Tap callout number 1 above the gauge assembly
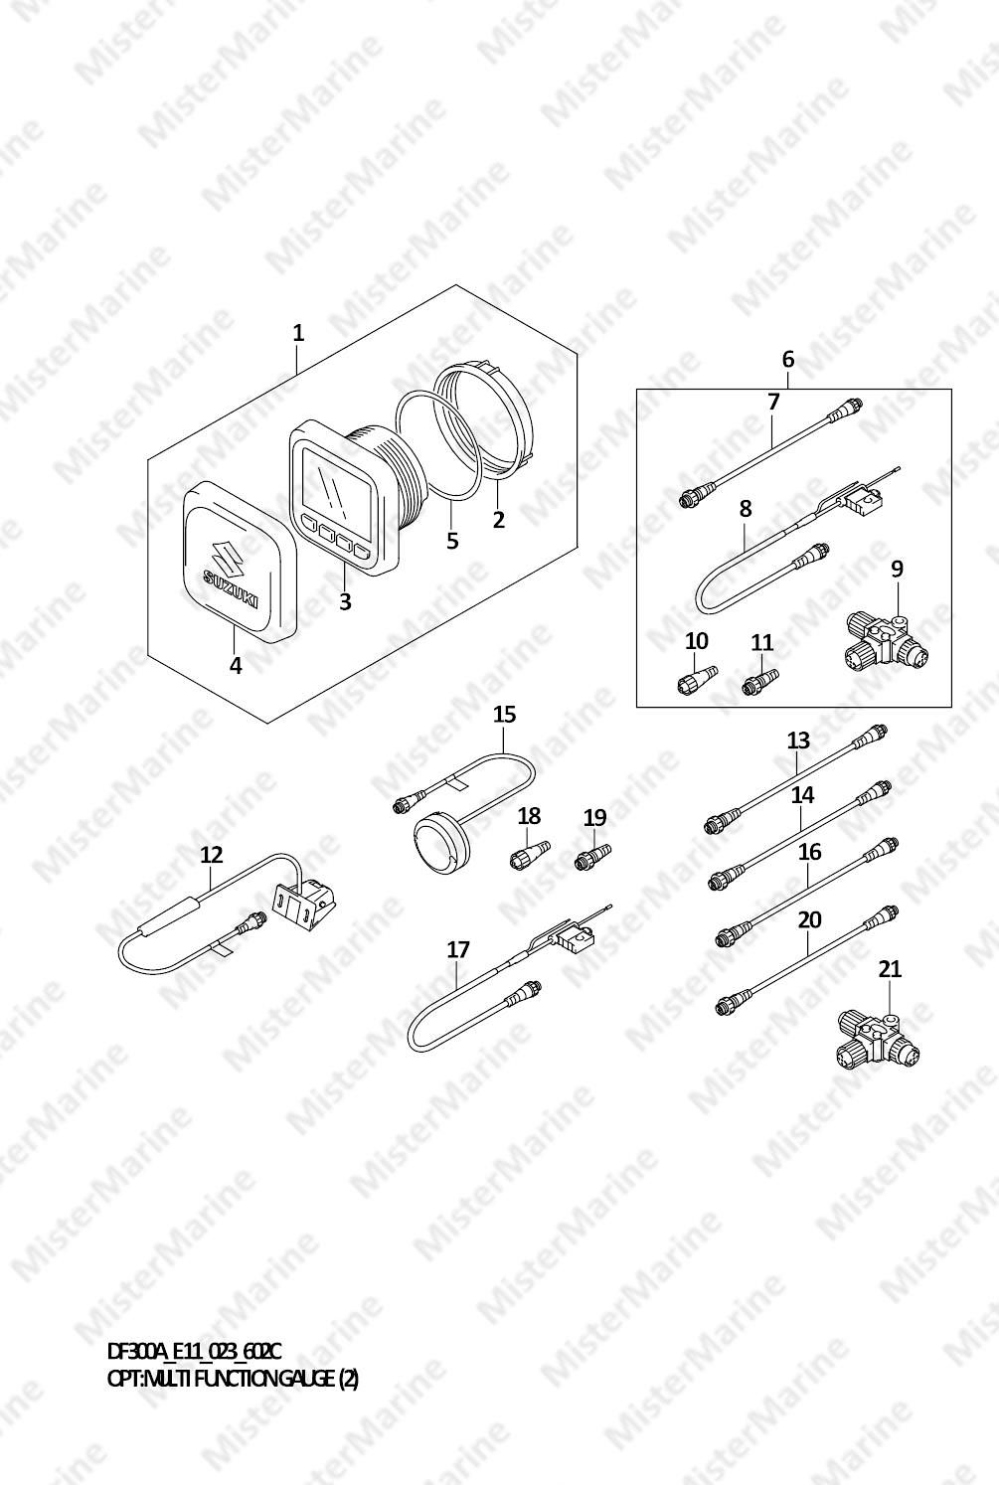click(x=298, y=333)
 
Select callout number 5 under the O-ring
click(x=452, y=541)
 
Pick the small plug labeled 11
click(x=760, y=682)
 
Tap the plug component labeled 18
click(x=530, y=854)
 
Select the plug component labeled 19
click(x=592, y=855)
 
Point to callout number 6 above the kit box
click(x=787, y=359)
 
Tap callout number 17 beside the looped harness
click(x=458, y=950)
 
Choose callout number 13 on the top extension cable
click(x=798, y=740)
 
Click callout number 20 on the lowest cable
click(x=809, y=919)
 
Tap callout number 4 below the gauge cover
click(x=236, y=665)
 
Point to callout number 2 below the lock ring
click(x=498, y=519)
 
